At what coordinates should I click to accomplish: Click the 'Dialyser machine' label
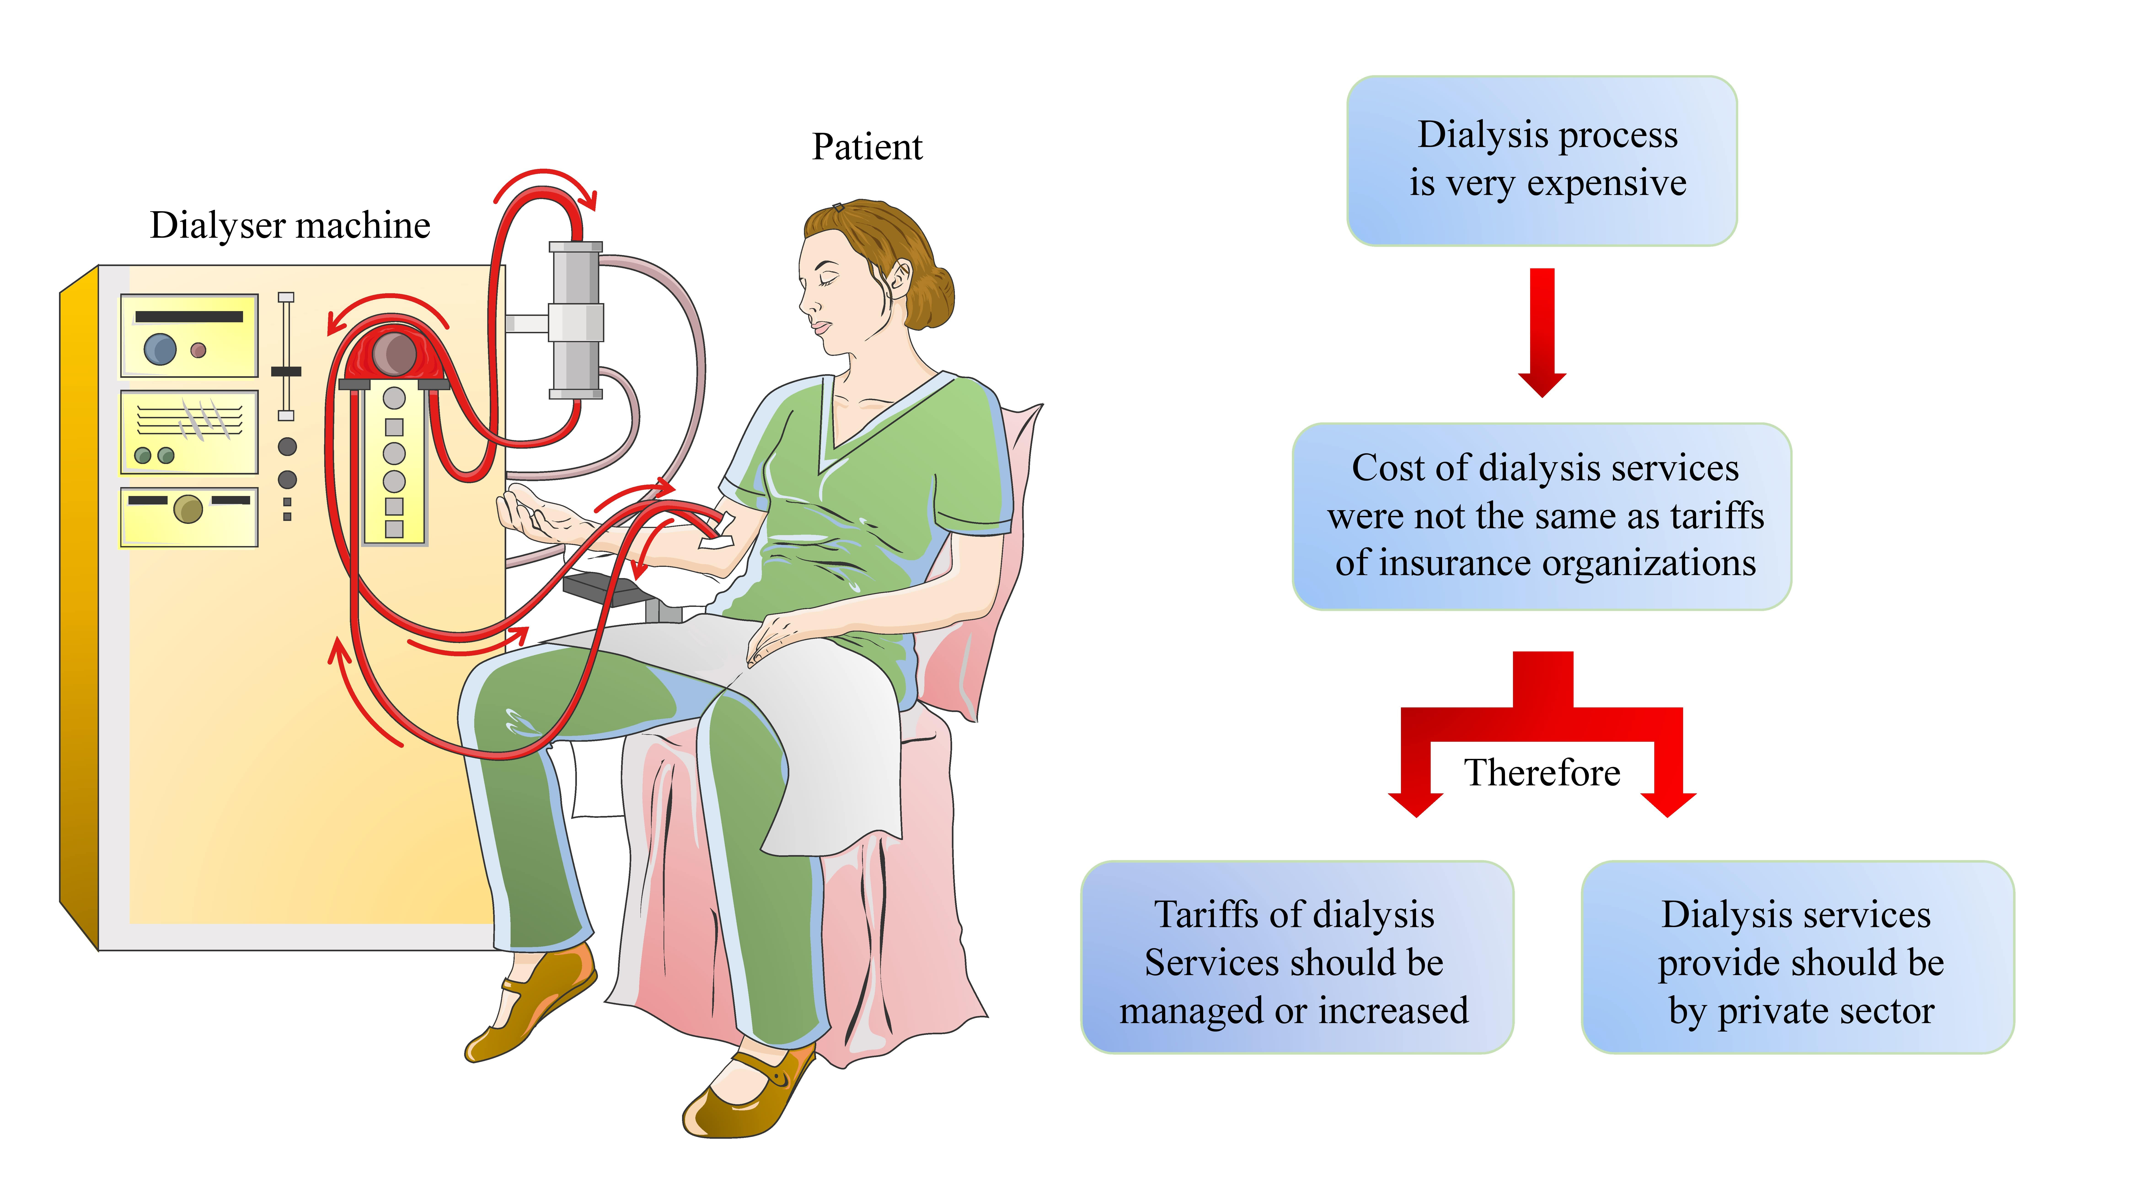[290, 225]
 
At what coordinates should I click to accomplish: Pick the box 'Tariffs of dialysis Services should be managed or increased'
[1297, 957]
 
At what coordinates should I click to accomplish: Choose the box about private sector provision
[1798, 957]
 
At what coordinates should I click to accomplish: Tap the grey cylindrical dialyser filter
[576, 320]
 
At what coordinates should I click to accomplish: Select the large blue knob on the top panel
[160, 349]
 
